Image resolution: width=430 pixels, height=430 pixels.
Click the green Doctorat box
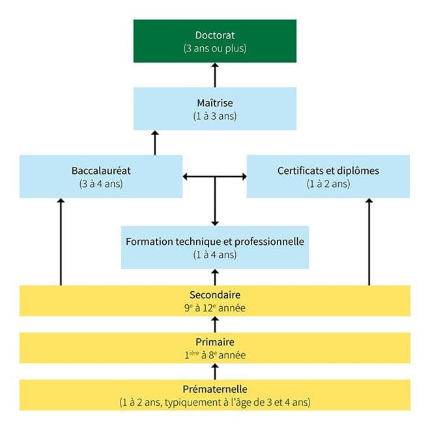click(x=215, y=42)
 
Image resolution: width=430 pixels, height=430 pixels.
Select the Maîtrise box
click(x=215, y=109)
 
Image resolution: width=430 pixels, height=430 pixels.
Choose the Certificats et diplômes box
click(x=328, y=177)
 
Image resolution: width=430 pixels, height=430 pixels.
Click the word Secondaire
click(x=215, y=295)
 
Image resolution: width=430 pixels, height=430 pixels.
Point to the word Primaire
click(x=215, y=342)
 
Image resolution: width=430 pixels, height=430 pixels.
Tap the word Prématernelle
click(x=215, y=389)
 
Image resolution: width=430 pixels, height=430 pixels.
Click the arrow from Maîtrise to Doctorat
click(x=215, y=76)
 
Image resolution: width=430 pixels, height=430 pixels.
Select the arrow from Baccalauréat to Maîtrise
click(x=155, y=143)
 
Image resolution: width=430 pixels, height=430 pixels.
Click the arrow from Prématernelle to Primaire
click(x=215, y=372)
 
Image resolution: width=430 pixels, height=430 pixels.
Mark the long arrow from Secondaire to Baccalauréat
click(x=61, y=242)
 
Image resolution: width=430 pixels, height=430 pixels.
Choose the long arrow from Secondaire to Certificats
click(x=369, y=242)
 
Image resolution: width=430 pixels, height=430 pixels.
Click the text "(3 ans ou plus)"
click(x=215, y=49)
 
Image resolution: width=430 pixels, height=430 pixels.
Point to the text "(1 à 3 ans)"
click(x=215, y=116)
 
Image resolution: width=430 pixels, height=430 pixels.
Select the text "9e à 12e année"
click(x=215, y=308)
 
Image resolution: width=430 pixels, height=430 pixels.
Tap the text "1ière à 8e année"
click(x=215, y=355)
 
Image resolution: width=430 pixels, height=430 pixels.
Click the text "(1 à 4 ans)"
click(x=215, y=255)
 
